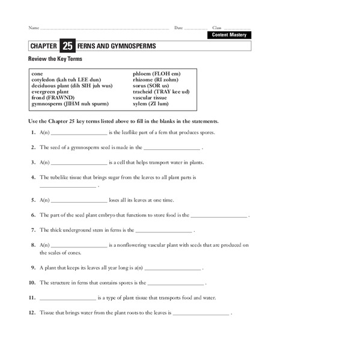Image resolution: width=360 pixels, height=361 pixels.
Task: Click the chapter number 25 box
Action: point(67,46)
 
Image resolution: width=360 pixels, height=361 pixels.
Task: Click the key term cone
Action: point(38,73)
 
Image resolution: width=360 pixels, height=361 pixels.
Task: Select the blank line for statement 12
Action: point(201,313)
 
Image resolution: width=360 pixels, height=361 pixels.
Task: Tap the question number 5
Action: point(33,199)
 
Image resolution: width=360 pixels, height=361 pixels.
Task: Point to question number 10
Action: point(32,282)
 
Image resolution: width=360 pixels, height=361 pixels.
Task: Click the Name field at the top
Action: point(102,28)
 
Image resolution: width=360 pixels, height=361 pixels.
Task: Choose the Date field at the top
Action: point(195,28)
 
